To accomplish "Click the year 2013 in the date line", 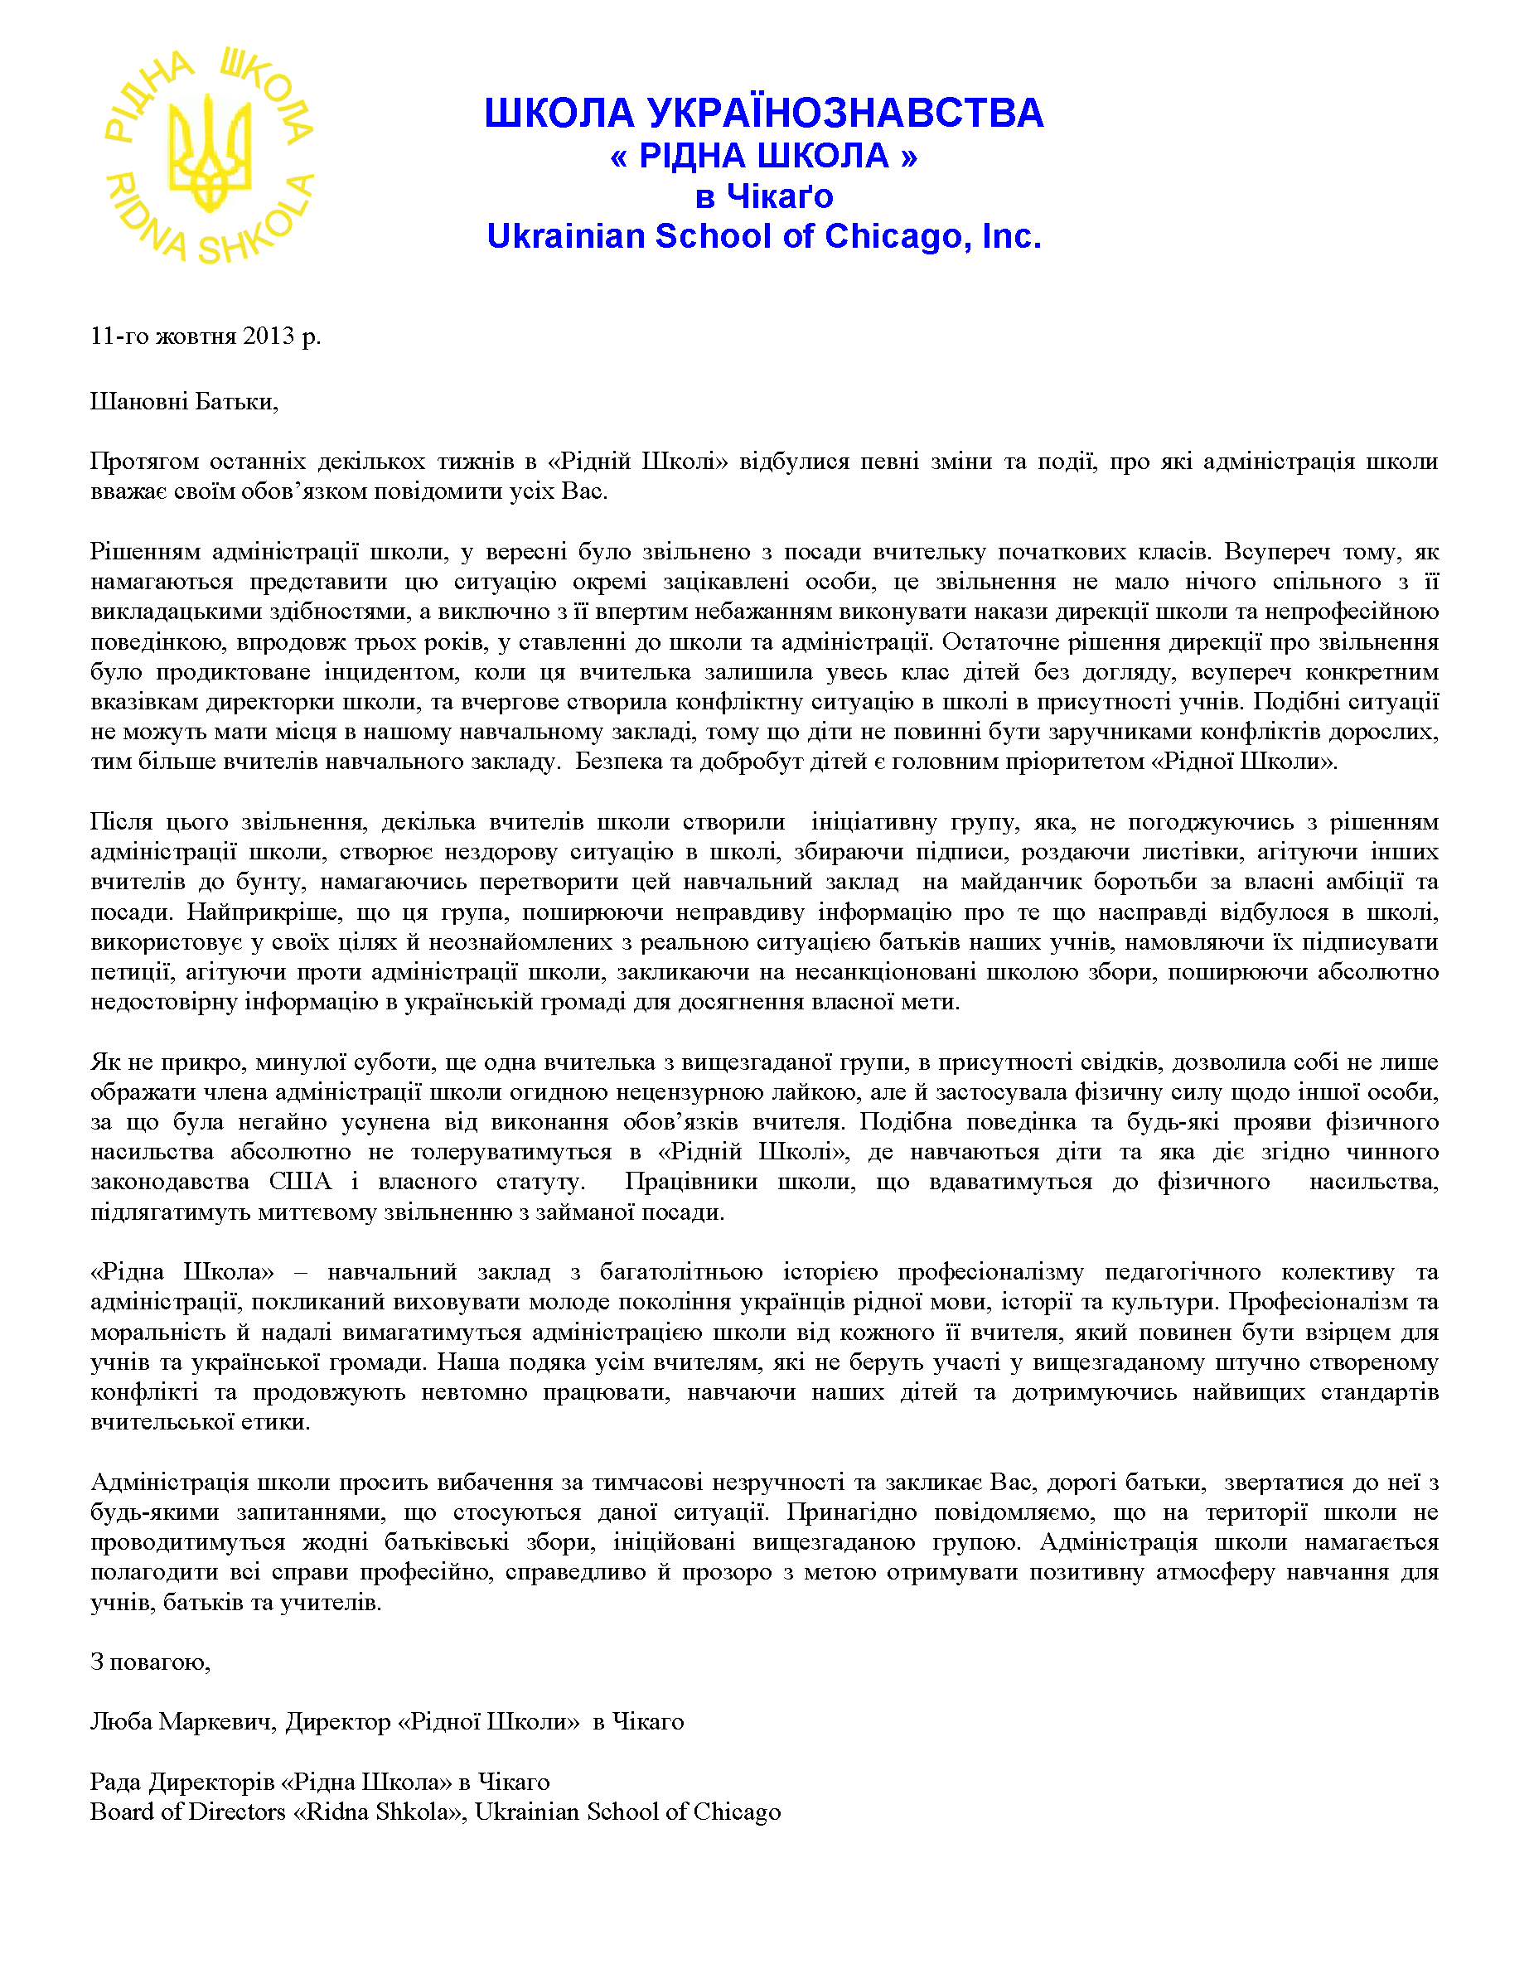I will [x=268, y=336].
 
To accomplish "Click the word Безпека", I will [x=618, y=762].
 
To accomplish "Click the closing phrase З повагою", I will [x=150, y=1662].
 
